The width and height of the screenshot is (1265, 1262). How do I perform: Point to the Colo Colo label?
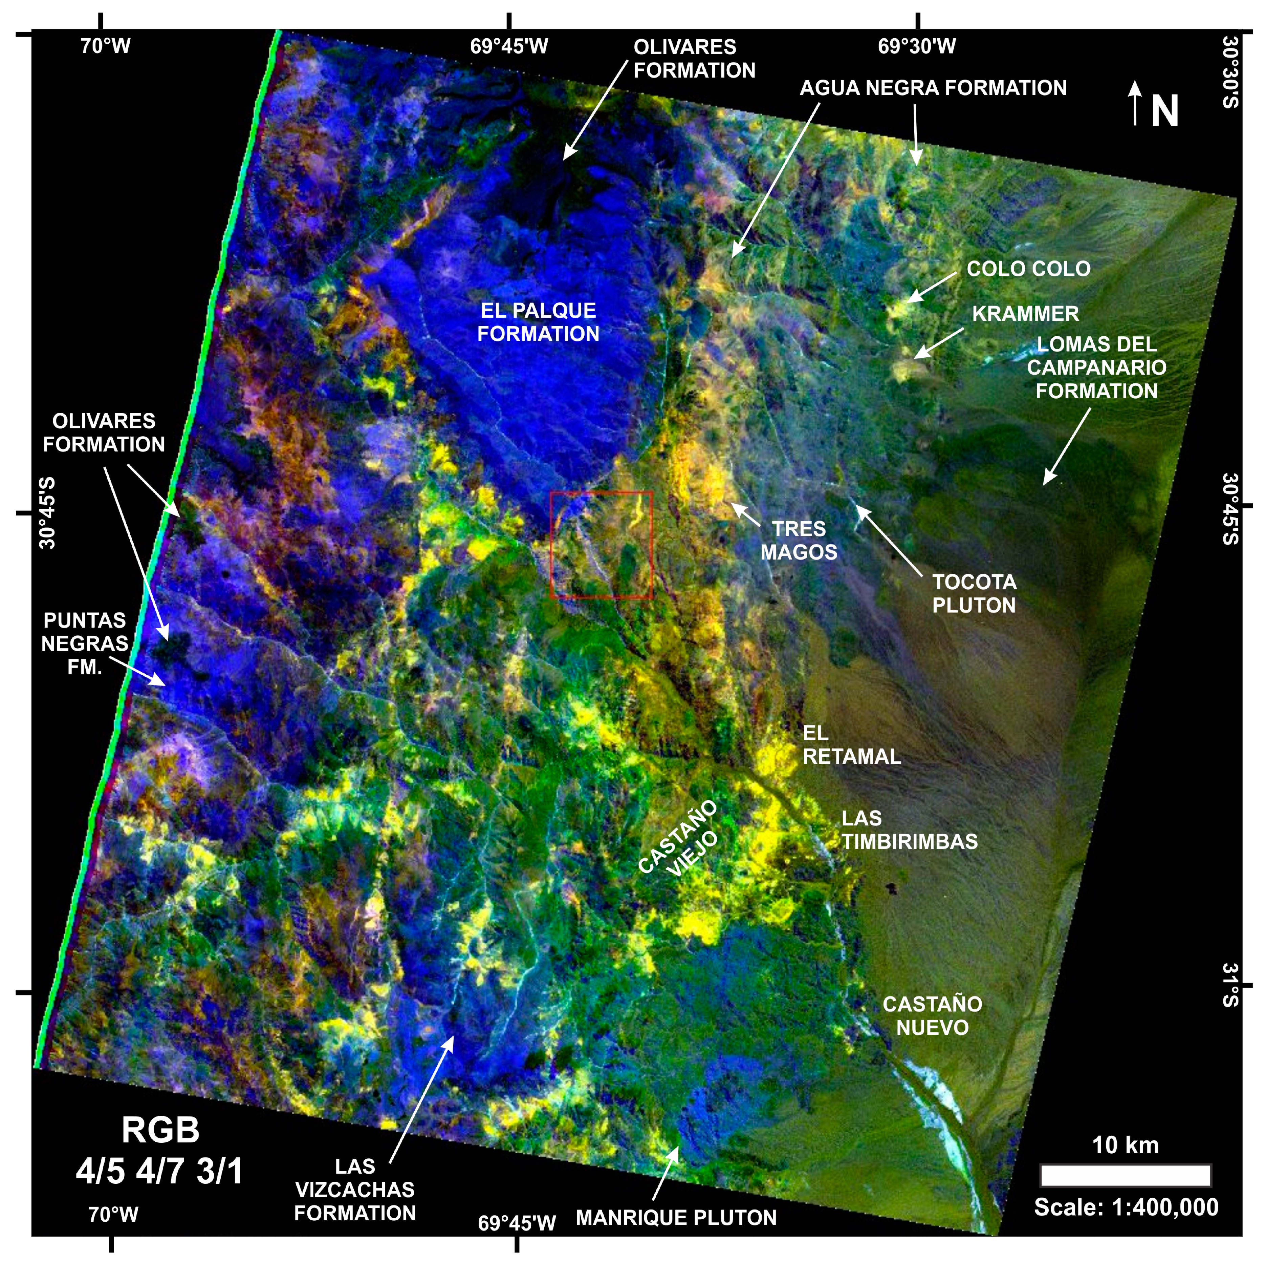[1028, 269]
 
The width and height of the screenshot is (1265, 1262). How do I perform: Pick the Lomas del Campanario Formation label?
[1096, 367]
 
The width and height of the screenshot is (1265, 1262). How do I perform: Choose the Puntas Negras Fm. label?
[85, 644]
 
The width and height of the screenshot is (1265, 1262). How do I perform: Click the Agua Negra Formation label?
[932, 88]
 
